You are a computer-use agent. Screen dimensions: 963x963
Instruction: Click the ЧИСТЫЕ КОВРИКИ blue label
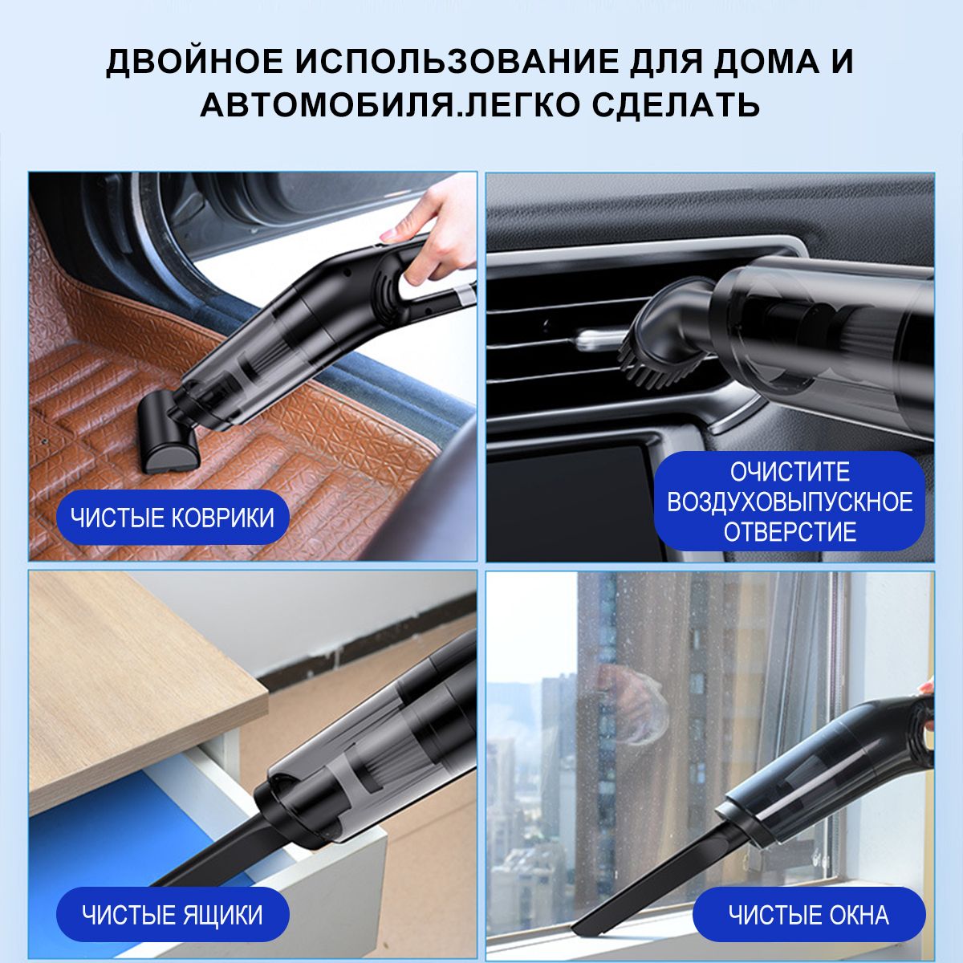pos(173,518)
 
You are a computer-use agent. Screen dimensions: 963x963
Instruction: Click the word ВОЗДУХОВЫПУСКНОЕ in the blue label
pos(790,502)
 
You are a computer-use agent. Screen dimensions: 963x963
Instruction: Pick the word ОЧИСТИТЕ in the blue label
pos(790,472)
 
